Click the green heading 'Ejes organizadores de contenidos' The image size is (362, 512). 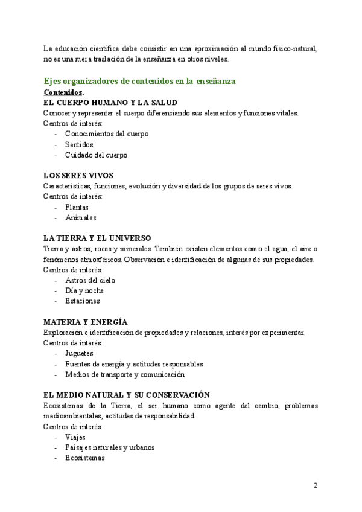pos(139,81)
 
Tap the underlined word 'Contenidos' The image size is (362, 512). pos(63,92)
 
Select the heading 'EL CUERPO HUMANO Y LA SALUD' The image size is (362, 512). pos(110,103)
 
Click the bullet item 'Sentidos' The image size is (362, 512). pos(79,144)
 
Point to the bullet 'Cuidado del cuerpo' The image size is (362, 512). pos(96,155)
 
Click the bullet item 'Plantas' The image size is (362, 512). pos(77,207)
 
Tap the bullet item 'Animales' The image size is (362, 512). pos(80,217)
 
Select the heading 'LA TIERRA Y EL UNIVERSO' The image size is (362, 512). pos(97,238)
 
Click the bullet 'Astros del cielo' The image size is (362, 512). pos(90,280)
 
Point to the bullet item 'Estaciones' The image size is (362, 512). pos(82,301)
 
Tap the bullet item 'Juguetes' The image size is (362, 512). pos(78,353)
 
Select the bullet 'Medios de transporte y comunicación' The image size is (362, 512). pos(124,374)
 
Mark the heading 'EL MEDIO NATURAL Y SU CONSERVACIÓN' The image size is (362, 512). pos(126,395)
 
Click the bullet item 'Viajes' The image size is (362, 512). pos(75,437)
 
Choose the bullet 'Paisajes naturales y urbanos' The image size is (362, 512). pos(109,447)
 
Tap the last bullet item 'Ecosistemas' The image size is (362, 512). pos(85,458)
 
